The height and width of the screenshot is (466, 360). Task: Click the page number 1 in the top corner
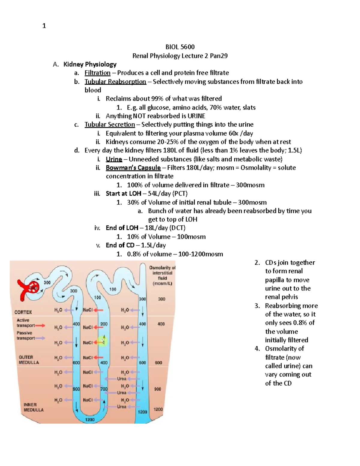point(44,26)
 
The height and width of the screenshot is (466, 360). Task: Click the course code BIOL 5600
point(180,47)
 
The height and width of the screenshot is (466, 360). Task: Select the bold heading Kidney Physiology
point(90,64)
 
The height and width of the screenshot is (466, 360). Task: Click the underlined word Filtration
point(97,73)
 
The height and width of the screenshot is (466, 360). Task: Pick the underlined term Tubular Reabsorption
point(115,82)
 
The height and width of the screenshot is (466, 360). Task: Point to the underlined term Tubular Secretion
point(110,125)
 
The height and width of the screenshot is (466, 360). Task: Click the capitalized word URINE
point(196,116)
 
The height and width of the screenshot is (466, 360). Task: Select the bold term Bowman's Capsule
point(133,167)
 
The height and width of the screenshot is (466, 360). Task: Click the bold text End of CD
point(120,245)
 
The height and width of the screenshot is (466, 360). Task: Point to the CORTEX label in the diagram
point(23,312)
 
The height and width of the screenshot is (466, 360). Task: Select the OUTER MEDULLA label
point(29,360)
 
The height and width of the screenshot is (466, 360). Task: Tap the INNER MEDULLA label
point(34,407)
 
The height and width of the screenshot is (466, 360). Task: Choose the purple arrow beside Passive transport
point(40,338)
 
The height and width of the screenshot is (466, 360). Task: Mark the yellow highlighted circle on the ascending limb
point(103,341)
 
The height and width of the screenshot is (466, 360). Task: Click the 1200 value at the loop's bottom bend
point(90,419)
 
